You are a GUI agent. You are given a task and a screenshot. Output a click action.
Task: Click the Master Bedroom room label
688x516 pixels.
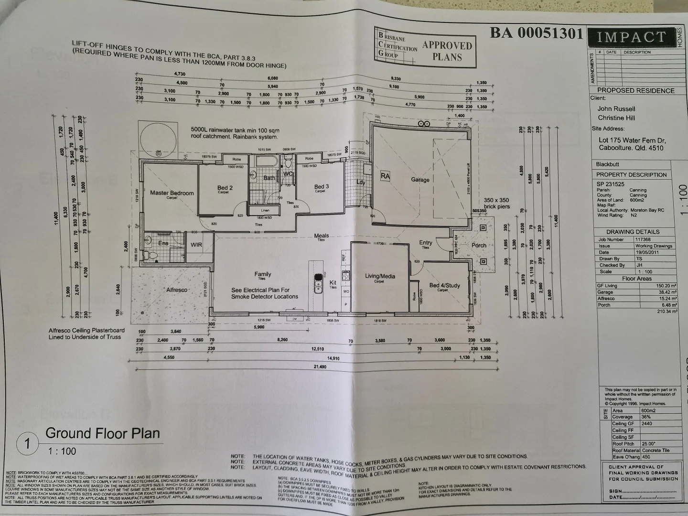[x=172, y=193]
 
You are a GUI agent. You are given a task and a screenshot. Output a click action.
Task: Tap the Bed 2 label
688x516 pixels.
[x=225, y=188]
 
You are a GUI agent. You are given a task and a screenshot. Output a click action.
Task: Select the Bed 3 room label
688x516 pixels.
[x=322, y=186]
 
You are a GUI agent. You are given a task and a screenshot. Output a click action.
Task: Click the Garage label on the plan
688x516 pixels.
[x=420, y=180]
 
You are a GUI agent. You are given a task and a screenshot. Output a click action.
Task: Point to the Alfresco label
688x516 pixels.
[x=177, y=290]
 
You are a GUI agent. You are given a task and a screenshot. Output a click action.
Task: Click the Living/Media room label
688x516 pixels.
[x=380, y=276]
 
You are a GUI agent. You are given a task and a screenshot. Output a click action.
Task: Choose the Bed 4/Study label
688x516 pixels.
[x=444, y=285]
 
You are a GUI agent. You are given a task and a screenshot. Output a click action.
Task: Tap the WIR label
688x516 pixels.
[x=196, y=245]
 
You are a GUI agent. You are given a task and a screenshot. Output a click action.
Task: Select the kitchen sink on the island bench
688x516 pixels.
[x=317, y=281]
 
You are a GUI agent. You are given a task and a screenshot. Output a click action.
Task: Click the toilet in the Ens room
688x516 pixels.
[x=153, y=257]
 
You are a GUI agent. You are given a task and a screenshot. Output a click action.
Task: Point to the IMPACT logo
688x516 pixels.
[x=631, y=37]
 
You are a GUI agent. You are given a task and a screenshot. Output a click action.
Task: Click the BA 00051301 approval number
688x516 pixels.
[x=536, y=33]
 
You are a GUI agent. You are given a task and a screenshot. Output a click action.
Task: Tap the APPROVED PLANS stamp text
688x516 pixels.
[x=447, y=51]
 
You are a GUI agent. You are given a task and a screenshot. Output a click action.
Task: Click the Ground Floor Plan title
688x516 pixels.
[x=102, y=433]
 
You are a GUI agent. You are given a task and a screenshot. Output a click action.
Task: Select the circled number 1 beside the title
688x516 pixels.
[x=28, y=444]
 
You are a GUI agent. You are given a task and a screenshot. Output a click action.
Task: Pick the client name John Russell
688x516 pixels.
[x=616, y=108]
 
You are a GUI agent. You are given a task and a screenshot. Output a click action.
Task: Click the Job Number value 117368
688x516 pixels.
[x=643, y=239]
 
